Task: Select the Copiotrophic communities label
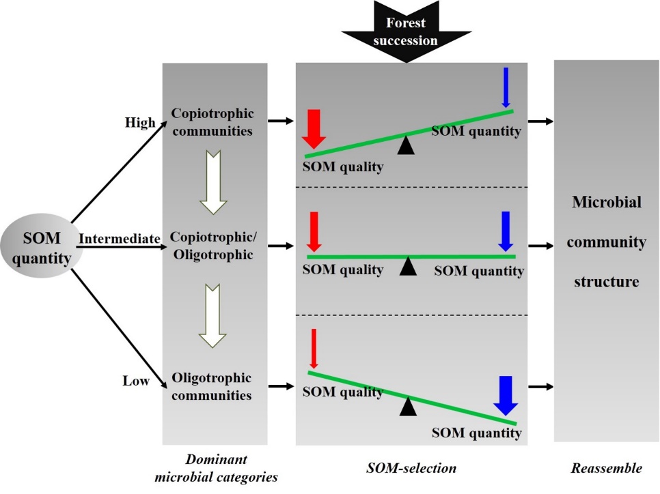pos(212,121)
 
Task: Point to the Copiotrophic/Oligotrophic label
pos(212,246)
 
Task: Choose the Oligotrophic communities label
pos(212,386)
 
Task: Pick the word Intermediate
pos(120,238)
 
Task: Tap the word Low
pos(136,381)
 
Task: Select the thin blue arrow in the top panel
pos(506,88)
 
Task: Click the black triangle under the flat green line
pos(408,266)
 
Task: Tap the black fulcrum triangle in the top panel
pos(407,145)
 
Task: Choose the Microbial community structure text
pos(607,242)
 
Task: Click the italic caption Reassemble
pos(607,468)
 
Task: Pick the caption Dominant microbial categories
pos(216,468)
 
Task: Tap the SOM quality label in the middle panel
pos(343,270)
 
